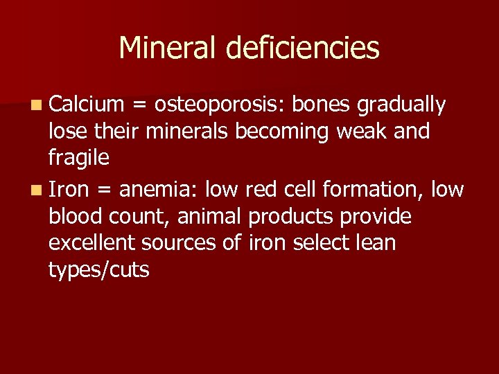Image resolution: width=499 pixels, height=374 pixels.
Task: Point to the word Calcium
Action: click(x=86, y=105)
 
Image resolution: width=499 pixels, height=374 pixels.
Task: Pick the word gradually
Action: click(x=401, y=105)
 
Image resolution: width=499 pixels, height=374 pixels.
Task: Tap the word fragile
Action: click(x=79, y=159)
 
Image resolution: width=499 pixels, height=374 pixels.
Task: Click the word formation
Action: click(x=369, y=189)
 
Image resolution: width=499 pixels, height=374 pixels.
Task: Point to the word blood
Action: click(x=75, y=217)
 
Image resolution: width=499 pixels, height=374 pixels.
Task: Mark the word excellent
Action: click(x=91, y=243)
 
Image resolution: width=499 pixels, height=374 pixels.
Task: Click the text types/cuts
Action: click(x=99, y=270)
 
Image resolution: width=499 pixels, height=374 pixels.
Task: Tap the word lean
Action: click(x=378, y=243)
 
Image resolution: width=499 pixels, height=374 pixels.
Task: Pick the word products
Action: click(x=291, y=217)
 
